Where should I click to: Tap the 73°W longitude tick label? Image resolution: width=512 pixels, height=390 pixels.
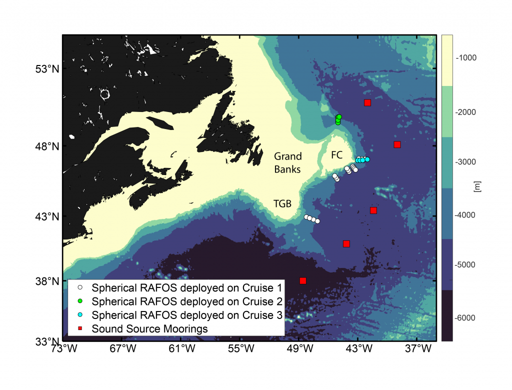point(63,348)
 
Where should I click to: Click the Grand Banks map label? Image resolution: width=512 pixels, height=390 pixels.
point(287,163)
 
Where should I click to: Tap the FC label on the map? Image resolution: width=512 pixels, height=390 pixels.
point(336,155)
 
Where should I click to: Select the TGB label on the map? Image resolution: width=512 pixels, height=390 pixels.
point(282,203)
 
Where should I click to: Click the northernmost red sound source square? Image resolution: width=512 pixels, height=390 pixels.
point(367,103)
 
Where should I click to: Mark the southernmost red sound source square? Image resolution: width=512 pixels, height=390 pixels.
point(302,280)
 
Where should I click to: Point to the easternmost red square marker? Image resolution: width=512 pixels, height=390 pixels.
point(397,144)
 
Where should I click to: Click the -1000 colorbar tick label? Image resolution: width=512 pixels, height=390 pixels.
point(466,58)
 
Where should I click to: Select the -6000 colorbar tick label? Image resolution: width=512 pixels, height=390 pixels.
point(466,318)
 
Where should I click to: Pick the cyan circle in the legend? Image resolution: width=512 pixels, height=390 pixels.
point(79,315)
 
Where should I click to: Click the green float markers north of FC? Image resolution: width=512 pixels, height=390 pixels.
point(338,119)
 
